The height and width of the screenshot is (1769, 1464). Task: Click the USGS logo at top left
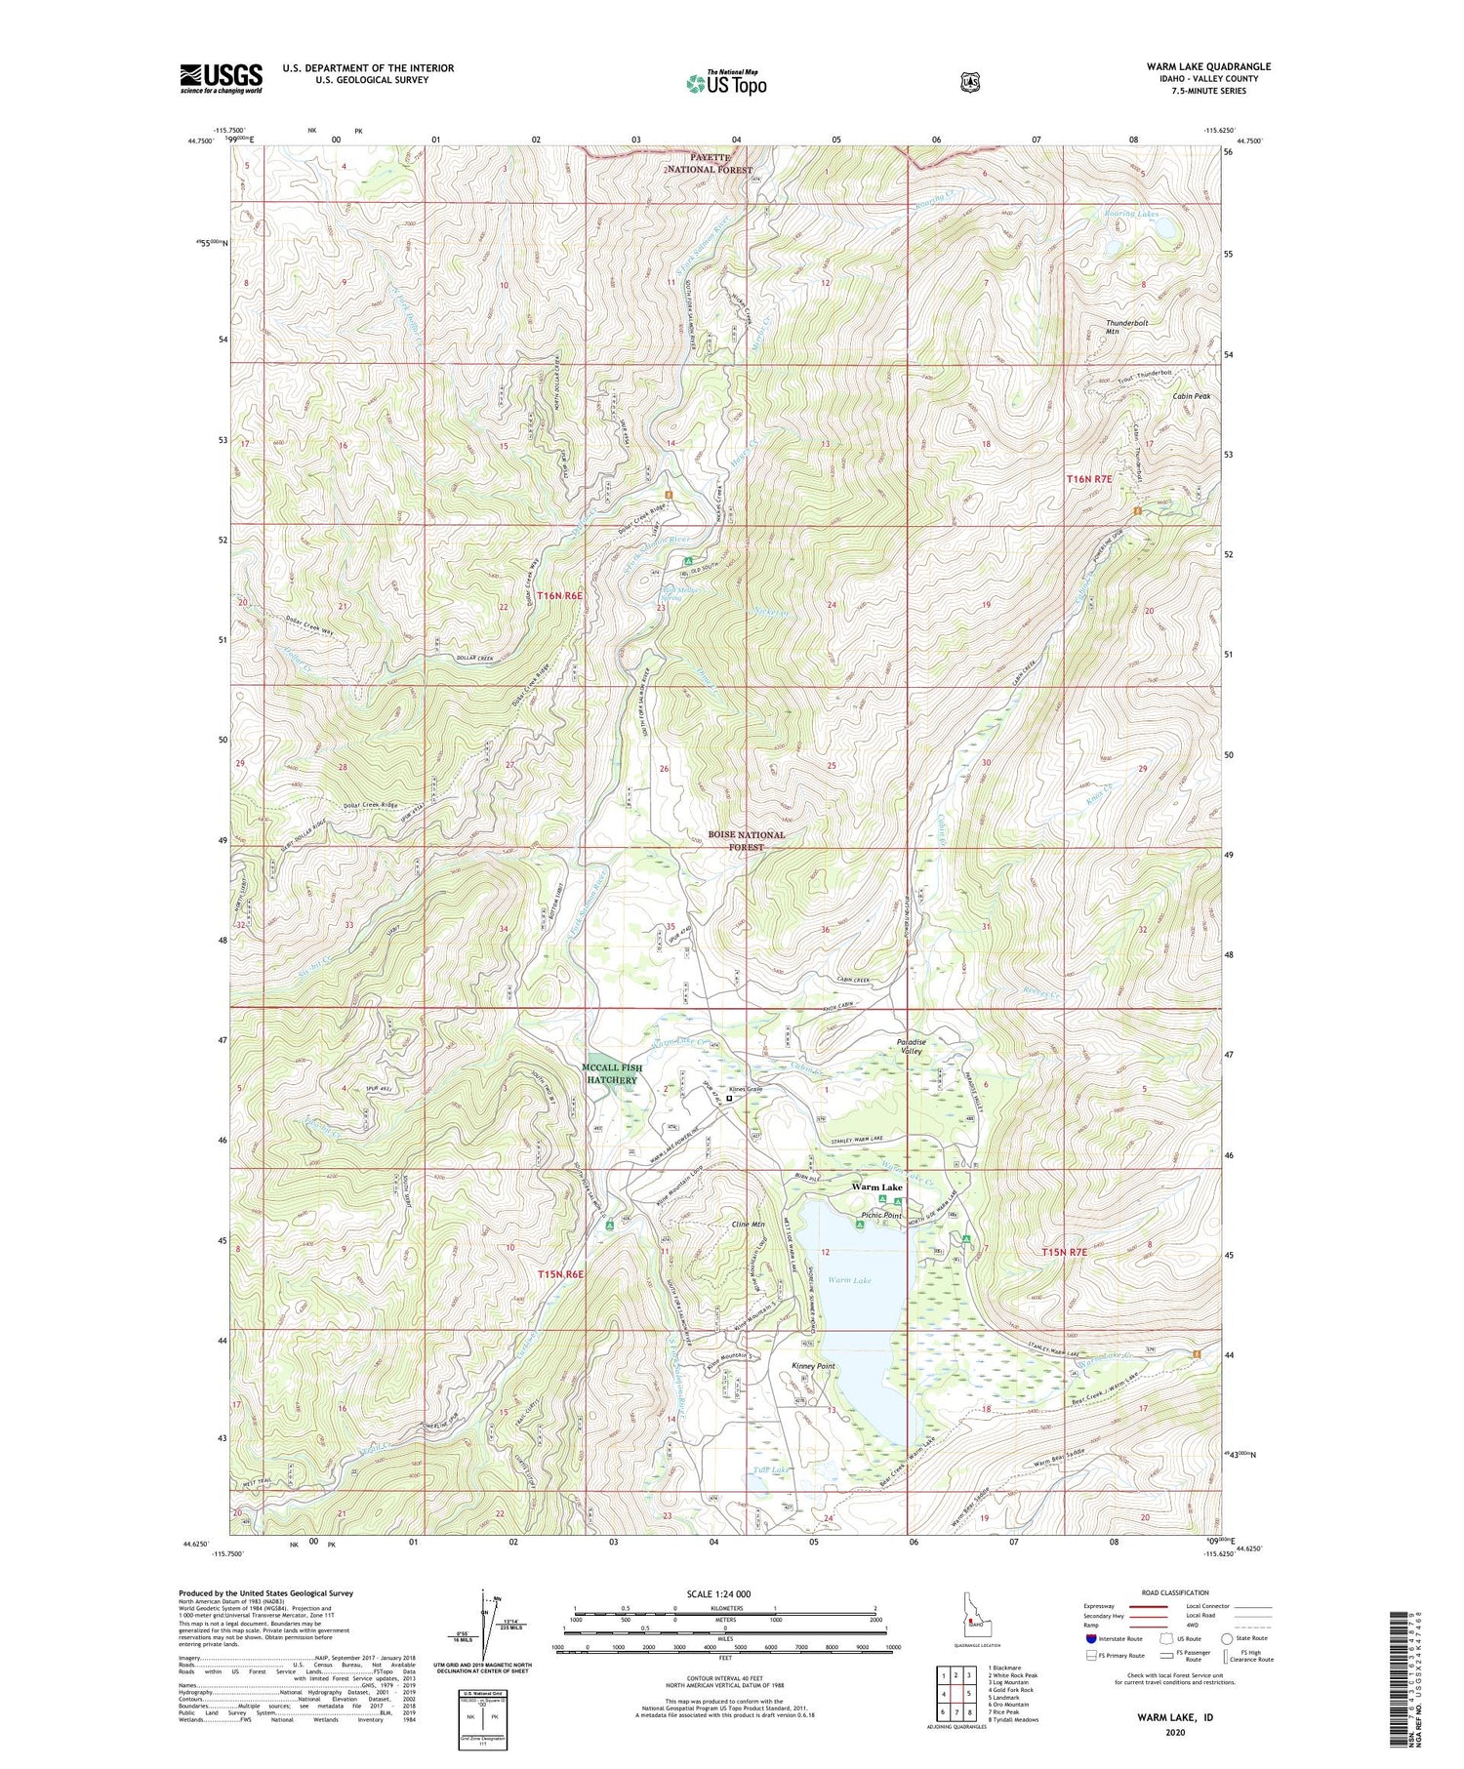tap(221, 78)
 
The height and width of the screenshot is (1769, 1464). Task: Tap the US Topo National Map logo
tap(727, 82)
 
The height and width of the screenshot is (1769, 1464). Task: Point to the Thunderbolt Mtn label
tap(1126, 327)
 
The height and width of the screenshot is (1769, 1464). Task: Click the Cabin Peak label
tap(1191, 396)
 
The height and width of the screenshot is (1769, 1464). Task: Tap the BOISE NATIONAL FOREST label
tap(747, 840)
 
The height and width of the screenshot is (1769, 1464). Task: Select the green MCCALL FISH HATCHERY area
tap(612, 1074)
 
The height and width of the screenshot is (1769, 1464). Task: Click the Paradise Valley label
tap(912, 1047)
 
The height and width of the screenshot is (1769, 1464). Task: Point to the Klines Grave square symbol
tap(729, 1098)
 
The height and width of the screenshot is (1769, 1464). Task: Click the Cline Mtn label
tap(748, 1224)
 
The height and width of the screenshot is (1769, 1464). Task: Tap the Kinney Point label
tap(813, 1366)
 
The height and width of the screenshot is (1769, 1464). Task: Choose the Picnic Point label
tap(880, 1215)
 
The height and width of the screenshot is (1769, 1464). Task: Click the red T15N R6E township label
tap(559, 1274)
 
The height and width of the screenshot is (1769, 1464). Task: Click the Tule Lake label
tap(756, 1468)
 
